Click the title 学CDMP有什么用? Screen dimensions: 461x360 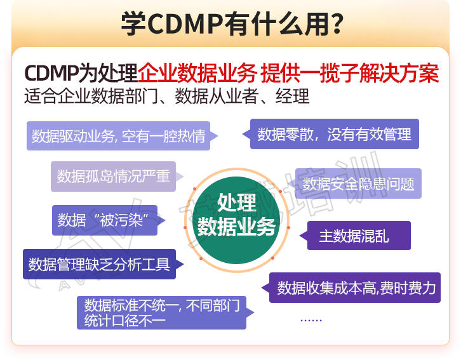click(x=232, y=23)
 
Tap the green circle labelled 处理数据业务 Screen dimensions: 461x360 click(x=237, y=220)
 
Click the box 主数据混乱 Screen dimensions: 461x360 click(x=355, y=236)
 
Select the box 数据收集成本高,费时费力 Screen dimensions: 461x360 click(x=351, y=288)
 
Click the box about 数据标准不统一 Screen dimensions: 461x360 click(x=165, y=312)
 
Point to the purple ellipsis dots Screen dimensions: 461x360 click(x=311, y=320)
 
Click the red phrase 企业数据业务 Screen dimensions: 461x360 click(x=197, y=74)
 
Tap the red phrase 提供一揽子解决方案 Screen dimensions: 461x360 click(x=350, y=74)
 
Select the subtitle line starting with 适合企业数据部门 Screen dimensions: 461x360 click(x=167, y=96)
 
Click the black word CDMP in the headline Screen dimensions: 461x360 click(x=51, y=74)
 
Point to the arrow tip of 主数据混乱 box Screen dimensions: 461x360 click(x=300, y=236)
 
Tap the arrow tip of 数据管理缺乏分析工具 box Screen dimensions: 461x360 click(x=183, y=264)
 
